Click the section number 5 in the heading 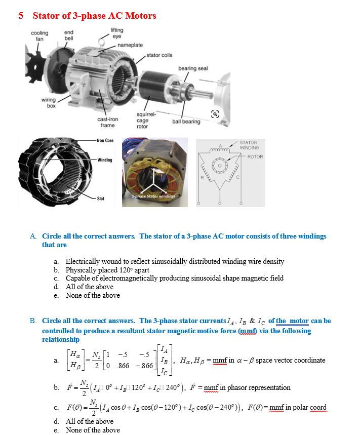[x=21, y=16]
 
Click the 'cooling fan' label [x=39, y=35]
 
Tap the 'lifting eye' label [x=116, y=33]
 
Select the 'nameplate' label [x=130, y=45]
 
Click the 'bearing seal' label [x=193, y=68]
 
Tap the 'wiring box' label [x=49, y=103]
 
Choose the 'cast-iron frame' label [x=107, y=122]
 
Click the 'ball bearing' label [x=186, y=122]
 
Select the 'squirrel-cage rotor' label [x=142, y=121]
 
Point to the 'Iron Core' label [x=105, y=140]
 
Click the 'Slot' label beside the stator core [x=101, y=199]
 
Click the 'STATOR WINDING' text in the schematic [x=249, y=145]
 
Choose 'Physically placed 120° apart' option [x=107, y=270]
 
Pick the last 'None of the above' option [x=93, y=430]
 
